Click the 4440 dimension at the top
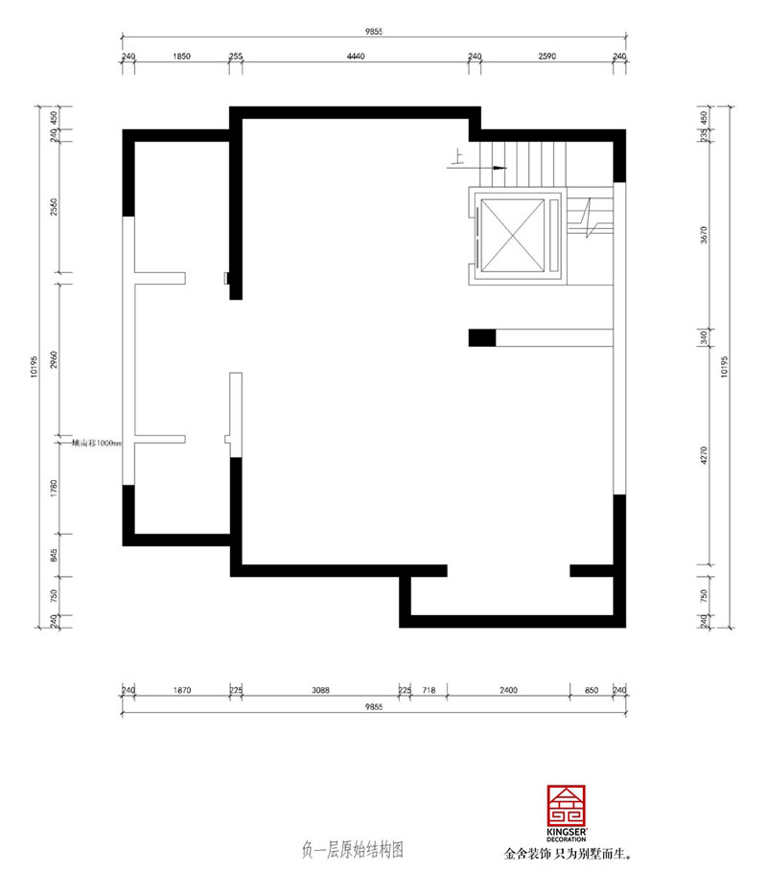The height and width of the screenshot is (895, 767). click(x=355, y=57)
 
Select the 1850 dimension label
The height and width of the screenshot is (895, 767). click(x=182, y=57)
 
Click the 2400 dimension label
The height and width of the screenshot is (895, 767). click(x=508, y=688)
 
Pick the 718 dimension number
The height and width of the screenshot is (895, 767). click(x=429, y=688)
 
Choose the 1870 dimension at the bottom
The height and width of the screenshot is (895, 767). click(x=182, y=688)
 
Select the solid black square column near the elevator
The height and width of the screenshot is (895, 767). click(x=481, y=337)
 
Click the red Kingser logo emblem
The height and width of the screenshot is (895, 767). click(x=566, y=806)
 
